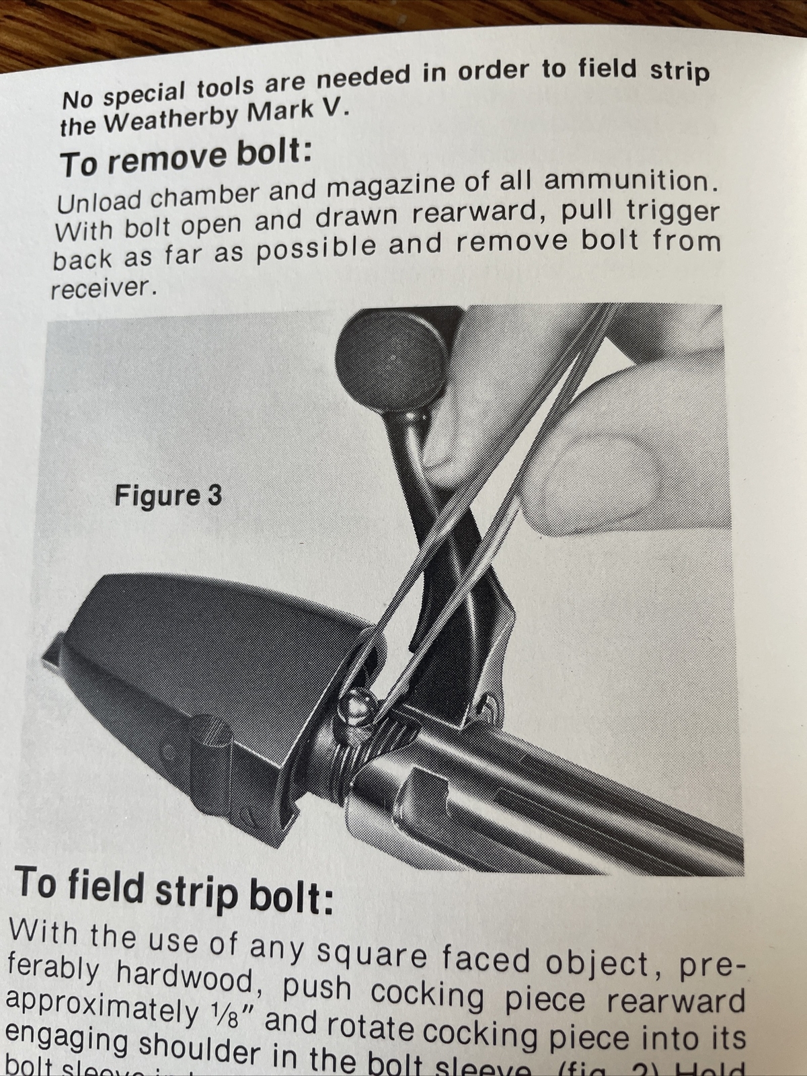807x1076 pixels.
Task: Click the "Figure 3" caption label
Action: (x=167, y=496)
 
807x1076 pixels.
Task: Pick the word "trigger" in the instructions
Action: (x=672, y=212)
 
